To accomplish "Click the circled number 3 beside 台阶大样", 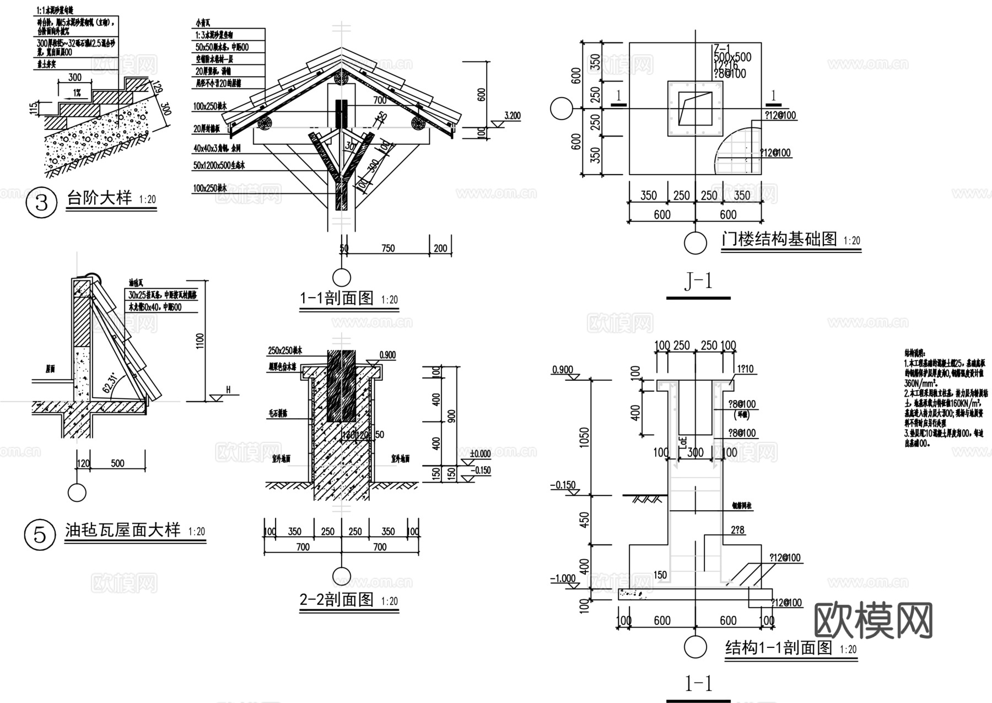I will click(42, 203).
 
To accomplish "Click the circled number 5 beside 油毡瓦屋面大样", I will click(40, 535).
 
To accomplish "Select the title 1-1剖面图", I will click(337, 299).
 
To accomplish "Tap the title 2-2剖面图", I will click(337, 599).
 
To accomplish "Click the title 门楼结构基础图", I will click(779, 239).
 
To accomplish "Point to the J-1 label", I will click(698, 282).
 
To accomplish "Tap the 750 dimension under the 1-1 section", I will click(388, 248).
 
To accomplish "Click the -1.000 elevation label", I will click(563, 579).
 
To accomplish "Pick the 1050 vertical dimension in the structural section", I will click(585, 437).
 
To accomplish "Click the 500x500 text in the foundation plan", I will click(732, 57).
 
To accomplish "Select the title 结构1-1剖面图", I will click(779, 647).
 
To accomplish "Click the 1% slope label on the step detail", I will click(76, 94).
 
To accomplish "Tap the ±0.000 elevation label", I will click(480, 453).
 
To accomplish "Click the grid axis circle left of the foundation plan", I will click(562, 109).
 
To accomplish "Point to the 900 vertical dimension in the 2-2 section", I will click(451, 417).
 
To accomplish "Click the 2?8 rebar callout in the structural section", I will click(738, 530).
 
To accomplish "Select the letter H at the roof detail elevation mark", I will click(228, 390).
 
